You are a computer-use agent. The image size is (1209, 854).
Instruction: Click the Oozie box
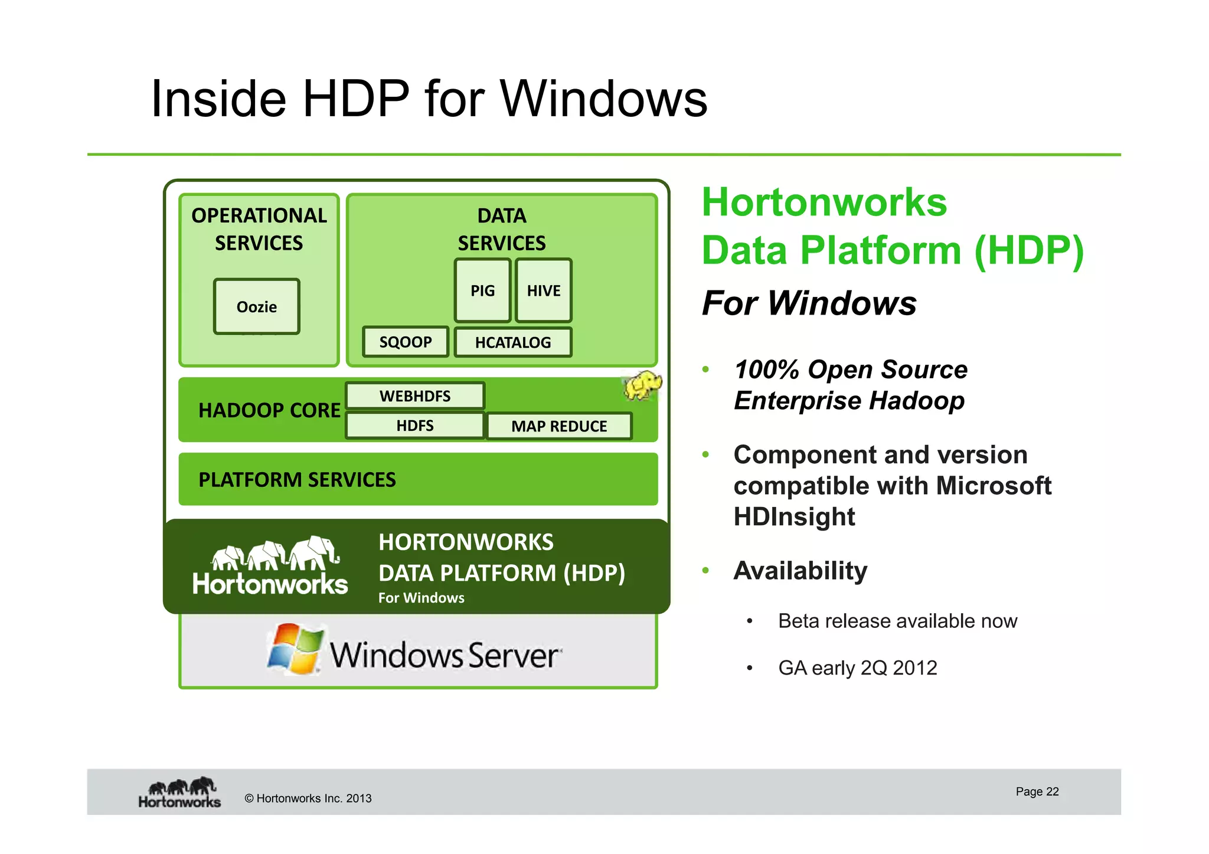point(257,307)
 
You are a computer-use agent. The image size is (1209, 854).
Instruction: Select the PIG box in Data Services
point(482,290)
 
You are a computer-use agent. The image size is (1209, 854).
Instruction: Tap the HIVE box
point(543,290)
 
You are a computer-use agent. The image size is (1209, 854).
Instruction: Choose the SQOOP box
point(406,342)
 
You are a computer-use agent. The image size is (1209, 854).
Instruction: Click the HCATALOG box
point(512,342)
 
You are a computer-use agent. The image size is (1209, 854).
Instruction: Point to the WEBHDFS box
point(415,396)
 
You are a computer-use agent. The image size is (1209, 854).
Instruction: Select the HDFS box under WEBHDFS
point(415,426)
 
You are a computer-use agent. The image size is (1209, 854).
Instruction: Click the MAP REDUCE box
point(558,426)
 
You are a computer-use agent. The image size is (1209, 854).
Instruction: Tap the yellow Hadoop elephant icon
point(642,385)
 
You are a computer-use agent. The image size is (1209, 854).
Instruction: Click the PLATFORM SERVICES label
point(297,480)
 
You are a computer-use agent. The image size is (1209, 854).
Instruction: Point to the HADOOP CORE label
point(269,410)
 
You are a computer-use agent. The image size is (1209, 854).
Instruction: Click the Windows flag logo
point(295,649)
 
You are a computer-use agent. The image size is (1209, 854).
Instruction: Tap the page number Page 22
point(1037,791)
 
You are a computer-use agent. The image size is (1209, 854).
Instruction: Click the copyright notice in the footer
point(308,799)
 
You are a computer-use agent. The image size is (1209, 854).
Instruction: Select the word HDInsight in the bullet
point(794,517)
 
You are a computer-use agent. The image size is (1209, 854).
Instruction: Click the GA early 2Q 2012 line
point(857,668)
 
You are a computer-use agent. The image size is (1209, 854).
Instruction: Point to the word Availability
point(800,571)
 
